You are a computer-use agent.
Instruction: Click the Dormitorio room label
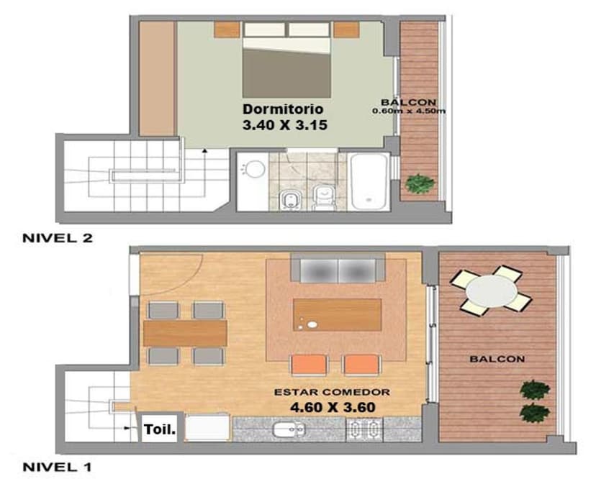[x=283, y=109]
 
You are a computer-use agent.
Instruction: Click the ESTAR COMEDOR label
[x=332, y=393]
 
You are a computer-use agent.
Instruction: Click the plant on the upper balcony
[x=419, y=183]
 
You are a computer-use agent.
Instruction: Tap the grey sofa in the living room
[x=338, y=270]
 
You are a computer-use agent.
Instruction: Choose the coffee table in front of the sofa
[x=337, y=315]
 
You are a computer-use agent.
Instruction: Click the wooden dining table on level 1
[x=186, y=333]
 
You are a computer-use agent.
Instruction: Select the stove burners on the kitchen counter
[x=364, y=429]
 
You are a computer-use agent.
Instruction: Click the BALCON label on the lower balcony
[x=497, y=358]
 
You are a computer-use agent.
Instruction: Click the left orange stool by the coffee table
[x=304, y=365]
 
